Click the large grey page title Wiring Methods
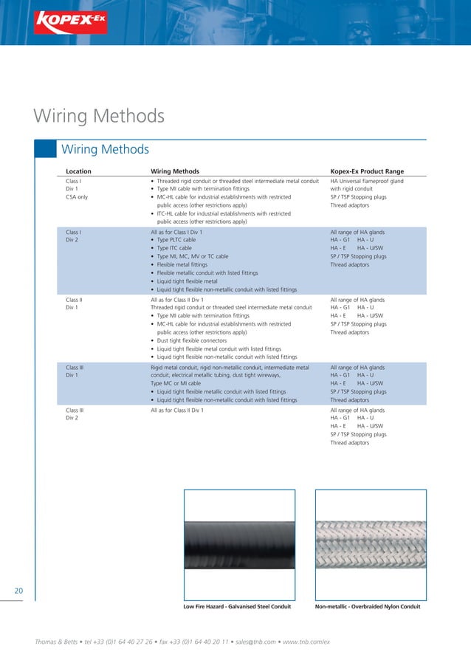pos(99,117)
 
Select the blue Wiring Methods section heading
pos(105,149)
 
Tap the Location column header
pos(78,171)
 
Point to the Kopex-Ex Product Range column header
pos(367,171)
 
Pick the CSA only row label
pos(77,197)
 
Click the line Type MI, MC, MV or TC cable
pos(194,256)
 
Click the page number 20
pos(19,590)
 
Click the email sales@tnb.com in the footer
pos(253,641)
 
